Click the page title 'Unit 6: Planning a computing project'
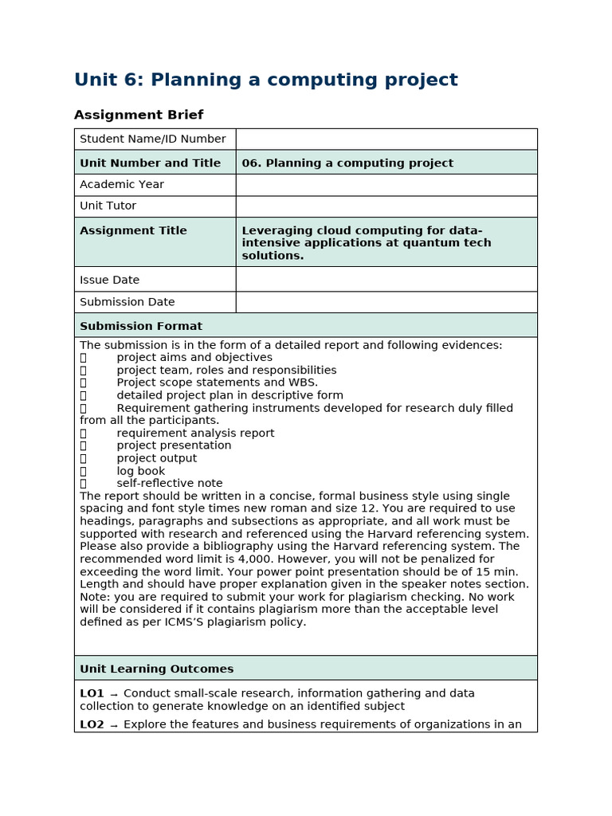(265, 80)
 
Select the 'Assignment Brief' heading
(139, 115)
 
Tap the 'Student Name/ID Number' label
(152, 139)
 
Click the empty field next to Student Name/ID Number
(386, 139)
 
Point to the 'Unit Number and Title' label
(150, 163)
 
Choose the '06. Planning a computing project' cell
(347, 163)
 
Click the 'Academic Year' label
(122, 184)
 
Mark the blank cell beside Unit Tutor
(386, 206)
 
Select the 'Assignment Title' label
(133, 230)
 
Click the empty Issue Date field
(386, 280)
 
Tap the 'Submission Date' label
(127, 302)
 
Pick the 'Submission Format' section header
(141, 326)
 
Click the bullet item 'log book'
(141, 471)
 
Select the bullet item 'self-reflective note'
(170, 483)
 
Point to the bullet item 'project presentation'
(174, 445)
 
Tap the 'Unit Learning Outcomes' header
(157, 669)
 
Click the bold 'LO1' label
(92, 693)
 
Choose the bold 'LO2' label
(92, 724)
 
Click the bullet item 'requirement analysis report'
(195, 433)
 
